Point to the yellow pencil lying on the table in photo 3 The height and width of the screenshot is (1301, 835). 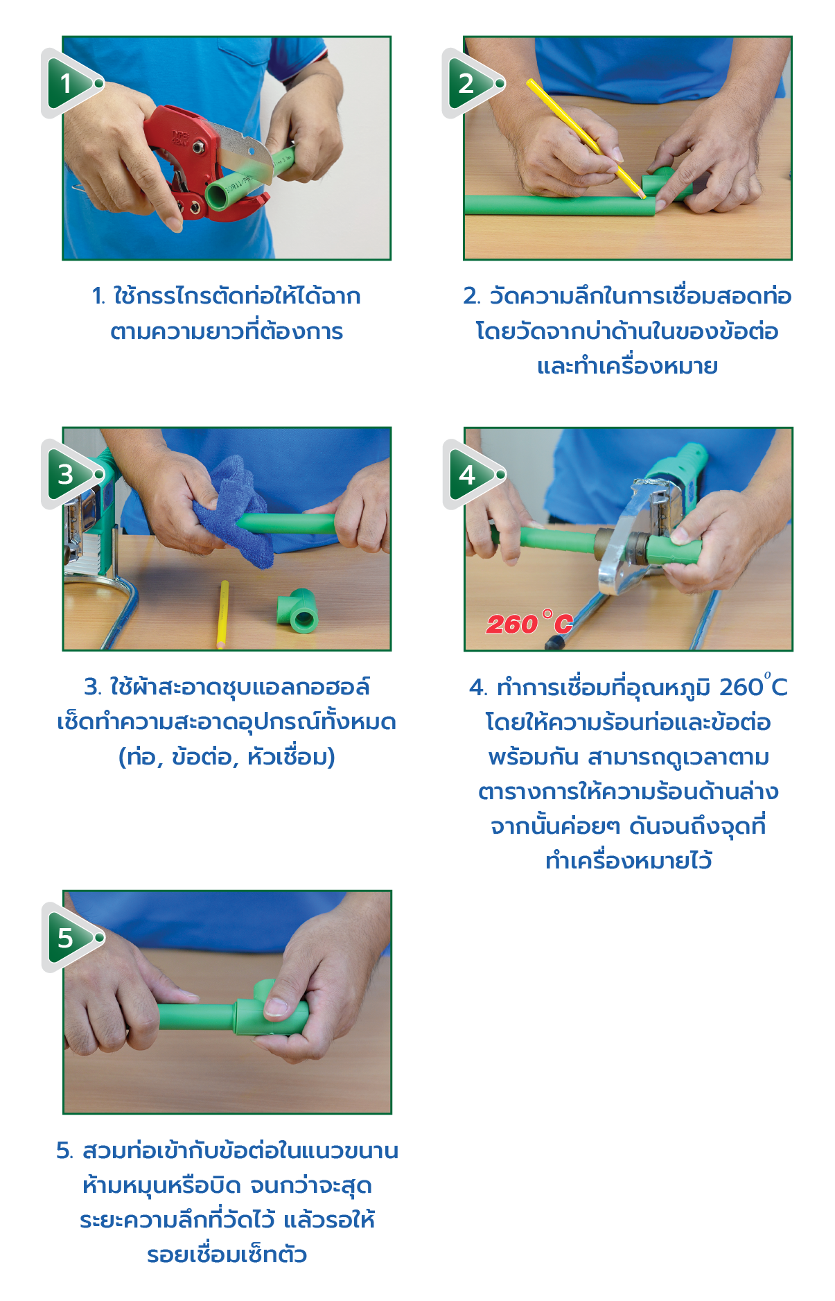click(223, 614)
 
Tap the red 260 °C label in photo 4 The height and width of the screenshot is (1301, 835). click(529, 623)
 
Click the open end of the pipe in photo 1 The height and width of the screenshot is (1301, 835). click(218, 193)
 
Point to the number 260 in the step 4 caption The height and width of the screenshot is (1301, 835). click(741, 688)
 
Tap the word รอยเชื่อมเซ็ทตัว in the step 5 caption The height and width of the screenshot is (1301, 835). click(227, 1255)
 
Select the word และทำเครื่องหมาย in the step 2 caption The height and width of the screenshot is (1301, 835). click(627, 365)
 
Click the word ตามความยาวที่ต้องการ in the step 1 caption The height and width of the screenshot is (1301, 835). click(227, 331)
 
